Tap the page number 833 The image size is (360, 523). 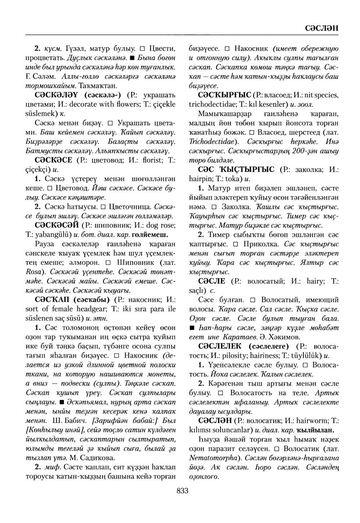click(183, 491)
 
